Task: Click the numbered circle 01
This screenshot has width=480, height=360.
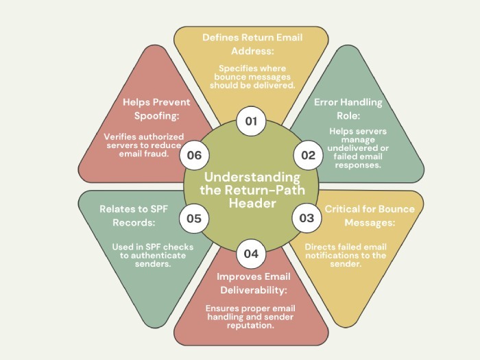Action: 251,121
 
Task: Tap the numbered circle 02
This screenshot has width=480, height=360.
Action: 308,155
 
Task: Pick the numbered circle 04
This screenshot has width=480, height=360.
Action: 251,253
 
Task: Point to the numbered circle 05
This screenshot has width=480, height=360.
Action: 194,219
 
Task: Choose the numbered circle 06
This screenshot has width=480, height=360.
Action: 194,155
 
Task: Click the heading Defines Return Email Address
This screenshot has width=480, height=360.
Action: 252,44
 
